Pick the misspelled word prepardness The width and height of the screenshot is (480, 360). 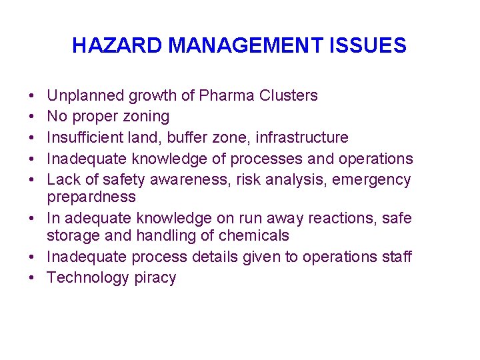click(91, 197)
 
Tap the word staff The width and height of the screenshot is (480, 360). click(395, 257)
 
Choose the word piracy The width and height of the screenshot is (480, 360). click(154, 278)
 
